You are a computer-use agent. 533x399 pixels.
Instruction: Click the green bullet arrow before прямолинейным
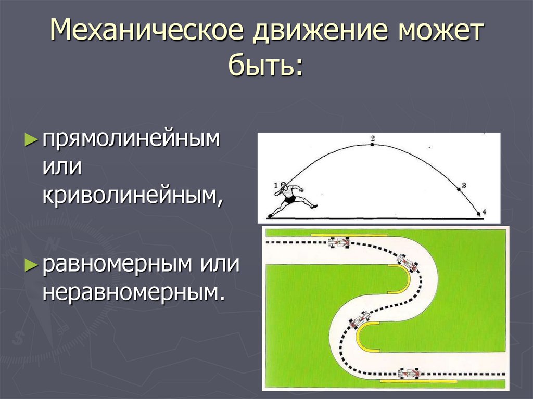[32, 139]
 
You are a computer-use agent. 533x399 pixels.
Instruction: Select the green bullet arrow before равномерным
[32, 264]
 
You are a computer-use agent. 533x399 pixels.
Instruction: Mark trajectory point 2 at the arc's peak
[372, 144]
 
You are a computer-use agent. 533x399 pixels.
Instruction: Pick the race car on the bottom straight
[410, 373]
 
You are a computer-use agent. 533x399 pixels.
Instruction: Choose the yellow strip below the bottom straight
[419, 382]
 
